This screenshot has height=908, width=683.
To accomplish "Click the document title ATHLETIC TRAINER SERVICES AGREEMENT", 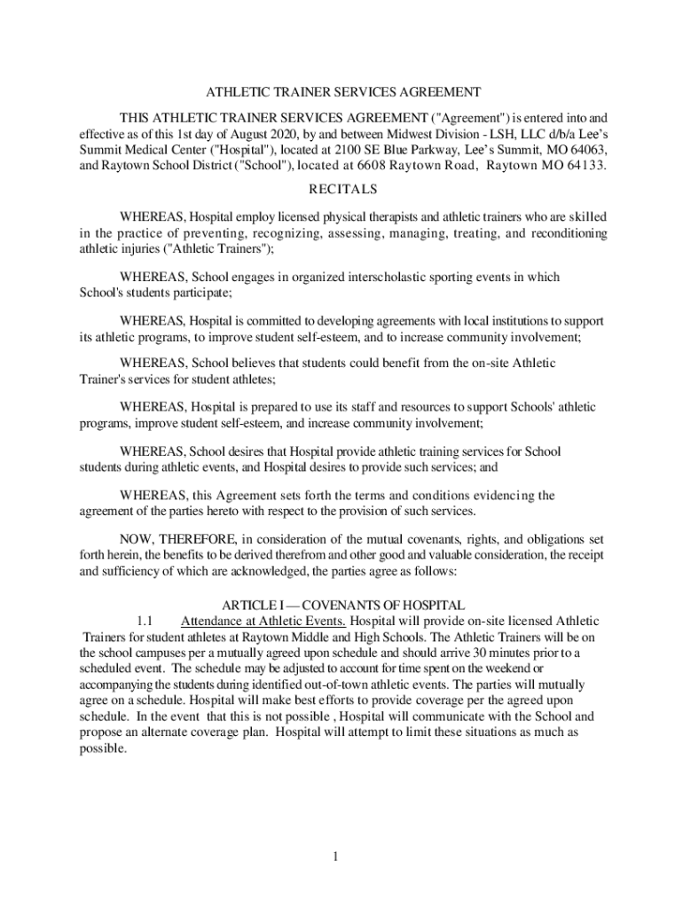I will [343, 92].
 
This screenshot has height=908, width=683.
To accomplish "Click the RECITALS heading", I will [342, 190].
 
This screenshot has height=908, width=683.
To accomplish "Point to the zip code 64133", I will [583, 166].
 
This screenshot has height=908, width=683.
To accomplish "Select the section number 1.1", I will [146, 621].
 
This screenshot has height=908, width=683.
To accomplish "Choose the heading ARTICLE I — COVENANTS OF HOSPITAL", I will [343, 605].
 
